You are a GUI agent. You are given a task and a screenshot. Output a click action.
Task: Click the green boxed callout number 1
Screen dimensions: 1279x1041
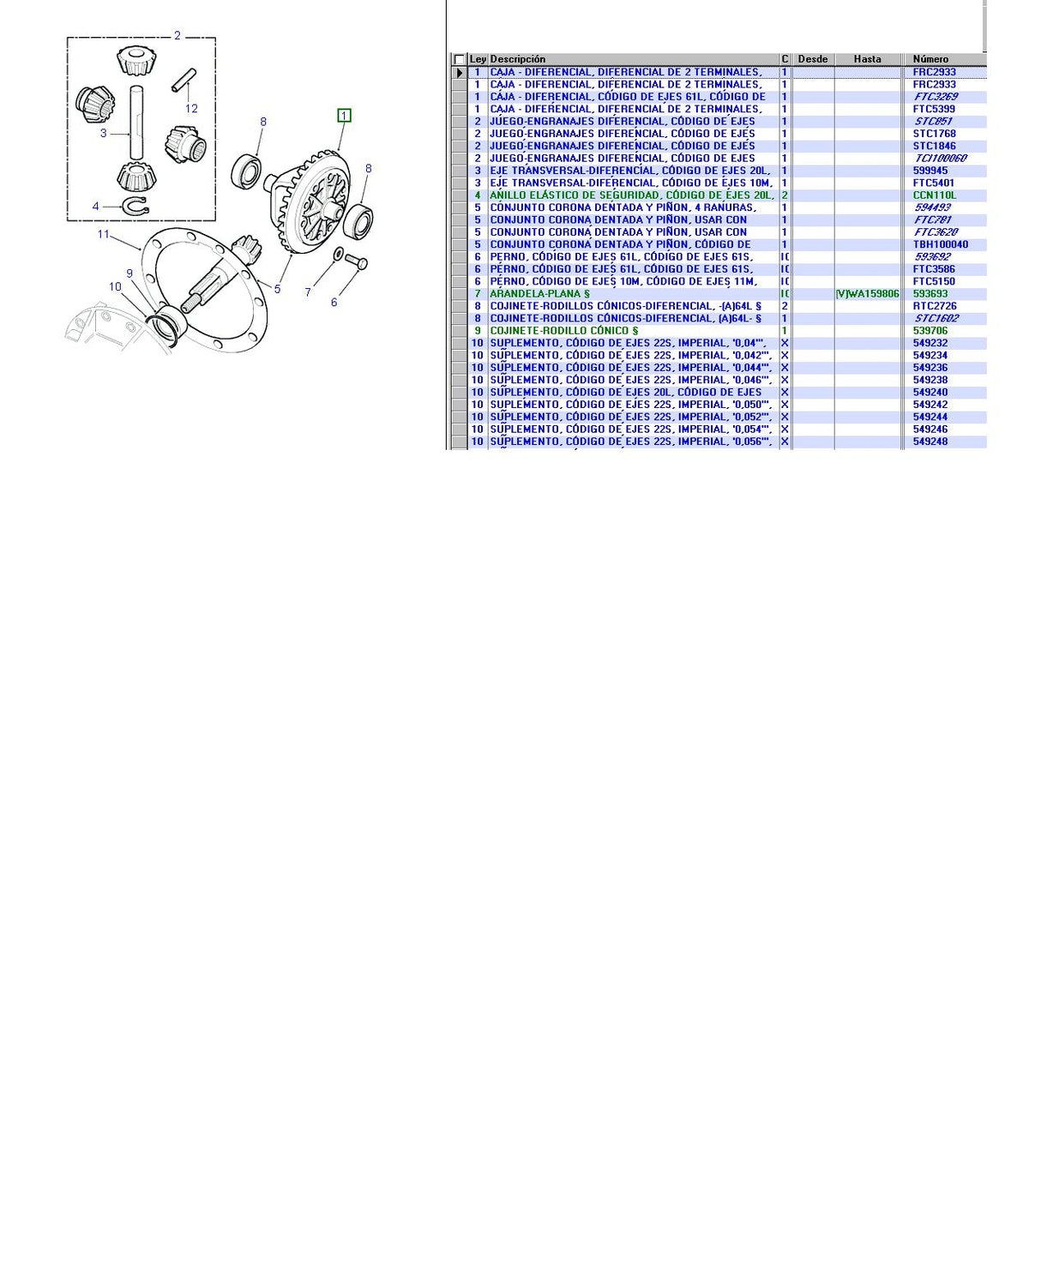(344, 116)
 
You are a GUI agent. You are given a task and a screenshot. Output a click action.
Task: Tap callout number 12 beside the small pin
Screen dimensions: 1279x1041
(191, 109)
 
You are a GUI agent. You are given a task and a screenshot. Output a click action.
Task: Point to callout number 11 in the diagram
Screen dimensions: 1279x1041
(103, 234)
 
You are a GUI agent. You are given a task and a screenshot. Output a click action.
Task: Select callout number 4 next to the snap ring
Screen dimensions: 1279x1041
(95, 207)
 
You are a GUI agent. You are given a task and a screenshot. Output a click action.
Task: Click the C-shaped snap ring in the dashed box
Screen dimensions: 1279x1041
(136, 206)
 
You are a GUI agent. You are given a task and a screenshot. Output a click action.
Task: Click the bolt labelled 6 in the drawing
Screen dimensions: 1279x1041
(357, 263)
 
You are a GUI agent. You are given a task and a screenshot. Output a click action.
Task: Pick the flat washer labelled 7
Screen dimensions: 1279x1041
(338, 255)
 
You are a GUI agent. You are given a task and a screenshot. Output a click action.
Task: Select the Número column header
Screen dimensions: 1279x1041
(930, 59)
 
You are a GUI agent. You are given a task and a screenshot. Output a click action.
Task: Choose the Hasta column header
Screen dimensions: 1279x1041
(867, 59)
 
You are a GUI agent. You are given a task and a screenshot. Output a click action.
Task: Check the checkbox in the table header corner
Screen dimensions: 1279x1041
(459, 60)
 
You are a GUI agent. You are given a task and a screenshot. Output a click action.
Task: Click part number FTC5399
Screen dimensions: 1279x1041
(934, 109)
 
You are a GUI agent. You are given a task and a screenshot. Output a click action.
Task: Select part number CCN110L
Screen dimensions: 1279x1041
(934, 195)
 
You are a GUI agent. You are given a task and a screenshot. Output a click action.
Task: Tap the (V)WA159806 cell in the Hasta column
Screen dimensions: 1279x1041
(867, 294)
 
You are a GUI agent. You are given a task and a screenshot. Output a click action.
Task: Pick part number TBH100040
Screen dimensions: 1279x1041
(940, 244)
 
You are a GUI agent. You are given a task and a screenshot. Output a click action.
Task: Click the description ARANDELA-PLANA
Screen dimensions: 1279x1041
(539, 294)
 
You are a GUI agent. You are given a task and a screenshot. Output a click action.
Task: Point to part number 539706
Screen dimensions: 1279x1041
(930, 331)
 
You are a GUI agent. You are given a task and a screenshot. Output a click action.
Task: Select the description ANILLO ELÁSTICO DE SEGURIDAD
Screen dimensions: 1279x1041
(631, 195)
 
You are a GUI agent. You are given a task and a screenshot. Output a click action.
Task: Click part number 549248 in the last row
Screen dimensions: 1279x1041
(930, 441)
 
